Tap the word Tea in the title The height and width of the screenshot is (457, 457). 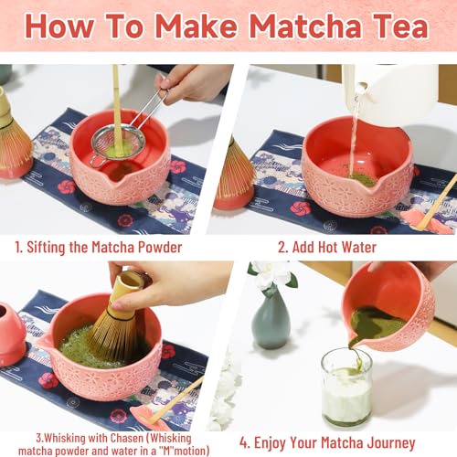pyautogui.click(x=399, y=26)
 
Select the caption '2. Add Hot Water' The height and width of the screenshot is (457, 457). pyautogui.click(x=327, y=246)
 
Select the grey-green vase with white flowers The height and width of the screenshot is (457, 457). pyautogui.click(x=271, y=315)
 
